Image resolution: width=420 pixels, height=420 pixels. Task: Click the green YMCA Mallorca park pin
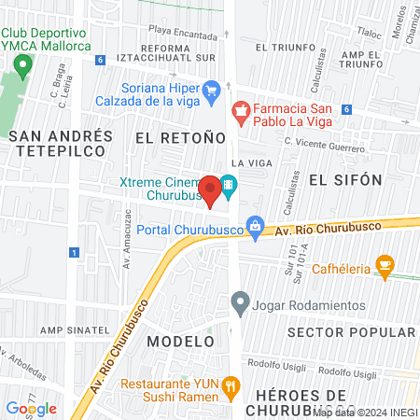coord(22,65)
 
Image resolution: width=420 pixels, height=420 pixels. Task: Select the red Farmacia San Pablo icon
coord(241,113)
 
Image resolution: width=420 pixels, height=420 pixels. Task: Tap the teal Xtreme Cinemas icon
coord(229,186)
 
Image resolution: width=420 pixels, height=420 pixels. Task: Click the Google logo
coord(31,408)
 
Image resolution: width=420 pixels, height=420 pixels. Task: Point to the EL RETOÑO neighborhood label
coord(181,137)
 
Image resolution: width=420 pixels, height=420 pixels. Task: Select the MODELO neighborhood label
coord(174,341)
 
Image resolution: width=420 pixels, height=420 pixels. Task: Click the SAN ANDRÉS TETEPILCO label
coord(61,145)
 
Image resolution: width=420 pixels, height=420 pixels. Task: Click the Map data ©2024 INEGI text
coord(366,412)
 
